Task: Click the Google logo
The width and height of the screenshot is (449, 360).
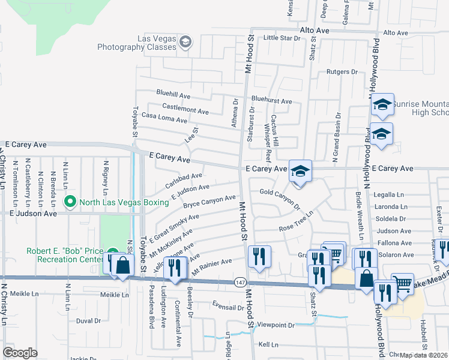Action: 20,353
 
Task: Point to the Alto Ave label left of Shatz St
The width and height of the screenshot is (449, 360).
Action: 315,30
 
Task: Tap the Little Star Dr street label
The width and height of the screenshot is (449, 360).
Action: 282,38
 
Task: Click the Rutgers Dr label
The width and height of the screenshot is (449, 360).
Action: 342,72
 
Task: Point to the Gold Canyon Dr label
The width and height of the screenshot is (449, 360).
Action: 280,199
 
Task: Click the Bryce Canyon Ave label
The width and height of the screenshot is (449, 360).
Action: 209,201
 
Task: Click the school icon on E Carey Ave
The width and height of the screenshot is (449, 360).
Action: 300,172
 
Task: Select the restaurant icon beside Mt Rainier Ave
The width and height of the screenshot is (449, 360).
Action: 259,256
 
